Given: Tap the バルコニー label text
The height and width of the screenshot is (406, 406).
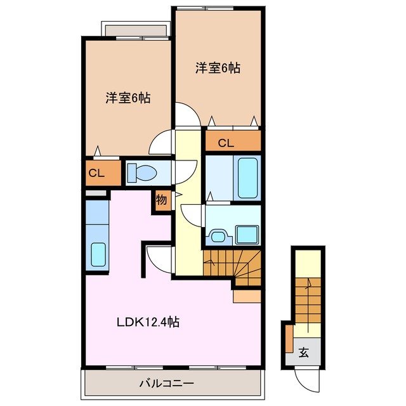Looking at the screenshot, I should [166, 383].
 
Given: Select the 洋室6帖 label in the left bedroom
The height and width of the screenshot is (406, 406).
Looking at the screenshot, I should [128, 98].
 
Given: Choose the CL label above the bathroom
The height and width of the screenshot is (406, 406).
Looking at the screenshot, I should [226, 143].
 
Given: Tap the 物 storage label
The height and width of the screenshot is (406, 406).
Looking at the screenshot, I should [161, 200].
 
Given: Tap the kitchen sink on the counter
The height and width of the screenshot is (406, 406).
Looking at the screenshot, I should [98, 254].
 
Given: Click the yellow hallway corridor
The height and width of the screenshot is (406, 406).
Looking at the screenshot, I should [187, 209].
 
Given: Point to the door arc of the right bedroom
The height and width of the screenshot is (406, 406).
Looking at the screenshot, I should [188, 117].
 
